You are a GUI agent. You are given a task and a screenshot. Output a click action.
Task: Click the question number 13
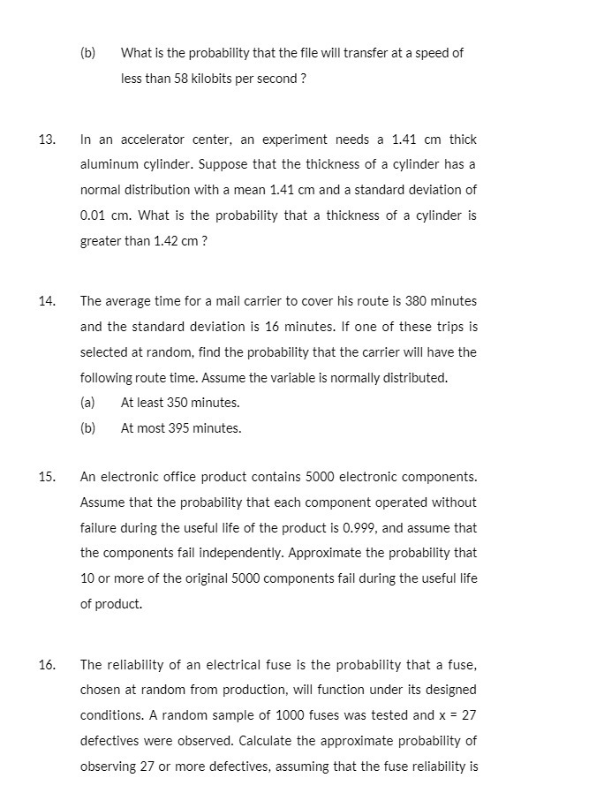[x=46, y=140]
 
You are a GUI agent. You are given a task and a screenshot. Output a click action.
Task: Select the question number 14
[x=46, y=301]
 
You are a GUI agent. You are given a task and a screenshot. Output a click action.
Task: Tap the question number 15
[x=46, y=477]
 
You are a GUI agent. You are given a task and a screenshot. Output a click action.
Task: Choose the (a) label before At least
[x=87, y=403]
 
